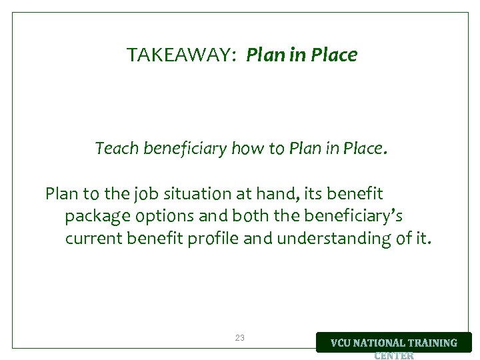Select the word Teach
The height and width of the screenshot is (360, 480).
[115, 148]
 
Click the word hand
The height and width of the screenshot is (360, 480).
[277, 194]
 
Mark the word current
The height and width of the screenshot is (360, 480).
[92, 239]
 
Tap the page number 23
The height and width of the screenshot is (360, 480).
[240, 338]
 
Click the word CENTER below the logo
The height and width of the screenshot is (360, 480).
[394, 355]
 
